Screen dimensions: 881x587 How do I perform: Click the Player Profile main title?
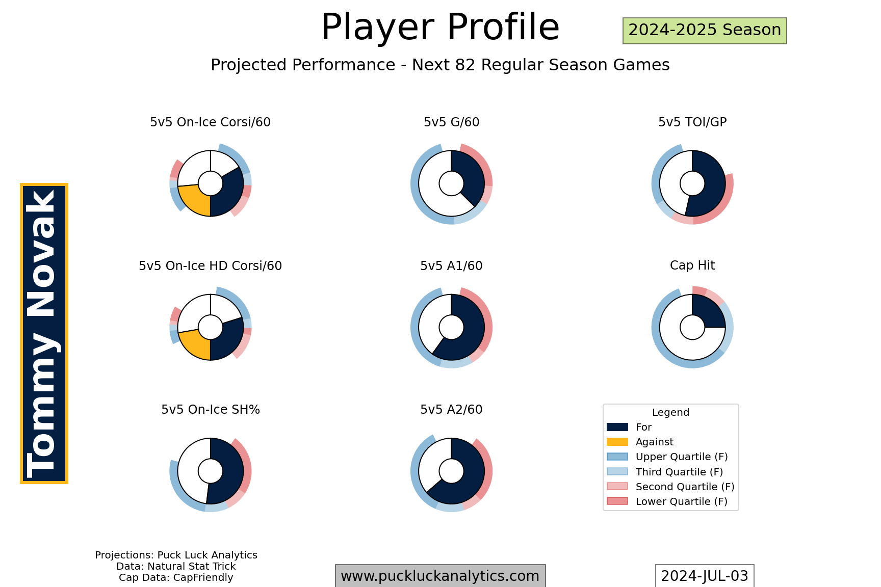point(440,27)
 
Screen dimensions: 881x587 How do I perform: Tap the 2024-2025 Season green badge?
point(705,31)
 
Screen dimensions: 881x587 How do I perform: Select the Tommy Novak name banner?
point(44,333)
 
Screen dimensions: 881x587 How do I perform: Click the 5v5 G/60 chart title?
point(451,122)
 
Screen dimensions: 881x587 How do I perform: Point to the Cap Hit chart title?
point(692,265)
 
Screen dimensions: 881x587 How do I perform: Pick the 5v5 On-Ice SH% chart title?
point(211,410)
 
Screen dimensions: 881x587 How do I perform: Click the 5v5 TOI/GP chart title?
point(692,122)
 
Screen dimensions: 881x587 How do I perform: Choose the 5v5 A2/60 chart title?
point(451,410)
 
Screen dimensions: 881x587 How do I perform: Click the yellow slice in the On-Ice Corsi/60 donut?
point(194,200)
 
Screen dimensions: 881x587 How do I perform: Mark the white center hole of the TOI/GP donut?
point(692,183)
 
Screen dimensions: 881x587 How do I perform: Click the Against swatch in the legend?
point(617,442)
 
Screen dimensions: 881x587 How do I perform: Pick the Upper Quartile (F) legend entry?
point(667,457)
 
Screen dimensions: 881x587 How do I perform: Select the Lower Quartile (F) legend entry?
point(667,501)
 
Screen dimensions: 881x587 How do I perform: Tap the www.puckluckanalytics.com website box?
point(440,576)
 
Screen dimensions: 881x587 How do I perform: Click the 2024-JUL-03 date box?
point(705,576)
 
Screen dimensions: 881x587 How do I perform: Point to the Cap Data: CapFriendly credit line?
point(176,578)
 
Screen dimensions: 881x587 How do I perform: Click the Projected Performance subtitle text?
point(440,65)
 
